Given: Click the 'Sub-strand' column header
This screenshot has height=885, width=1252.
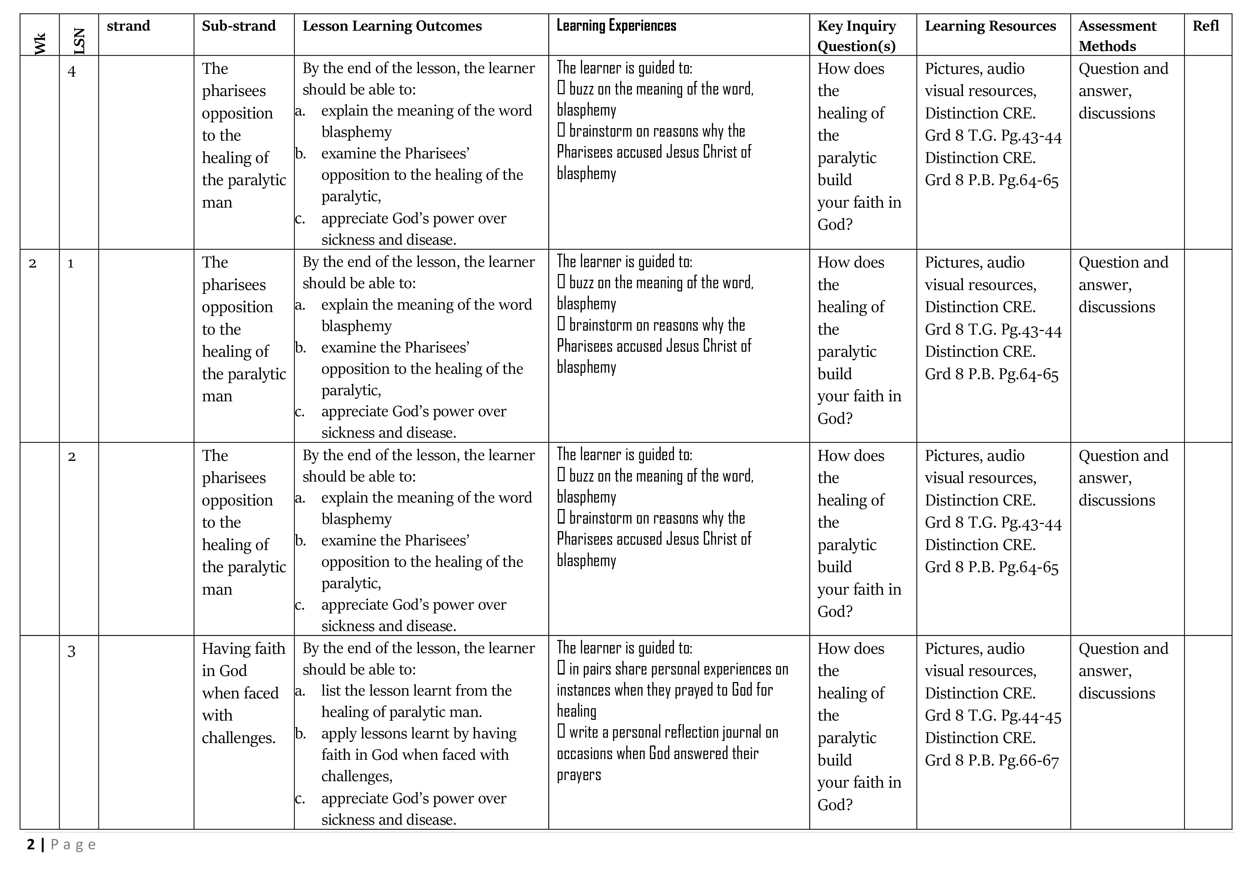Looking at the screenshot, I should (x=239, y=26).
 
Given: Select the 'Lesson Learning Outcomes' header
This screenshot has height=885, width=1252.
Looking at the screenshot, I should (x=392, y=26).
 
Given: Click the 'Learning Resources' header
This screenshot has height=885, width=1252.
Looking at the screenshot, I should (x=990, y=26).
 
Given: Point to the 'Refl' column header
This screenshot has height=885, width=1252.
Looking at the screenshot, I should (x=1206, y=26).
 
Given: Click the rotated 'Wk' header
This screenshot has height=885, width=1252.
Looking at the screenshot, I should (x=40, y=44).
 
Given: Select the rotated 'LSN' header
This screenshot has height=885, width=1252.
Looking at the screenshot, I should (x=79, y=41).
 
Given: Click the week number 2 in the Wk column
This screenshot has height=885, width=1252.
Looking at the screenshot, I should (x=33, y=264).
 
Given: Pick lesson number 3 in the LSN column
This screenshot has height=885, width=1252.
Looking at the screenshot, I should (x=71, y=651).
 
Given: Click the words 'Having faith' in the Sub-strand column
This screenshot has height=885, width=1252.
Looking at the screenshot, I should (x=243, y=649).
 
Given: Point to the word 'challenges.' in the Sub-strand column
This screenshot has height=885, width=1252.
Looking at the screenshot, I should (x=239, y=738).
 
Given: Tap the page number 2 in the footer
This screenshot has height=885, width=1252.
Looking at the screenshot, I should (x=31, y=845).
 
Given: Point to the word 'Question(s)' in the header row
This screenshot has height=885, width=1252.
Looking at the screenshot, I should (x=856, y=46).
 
